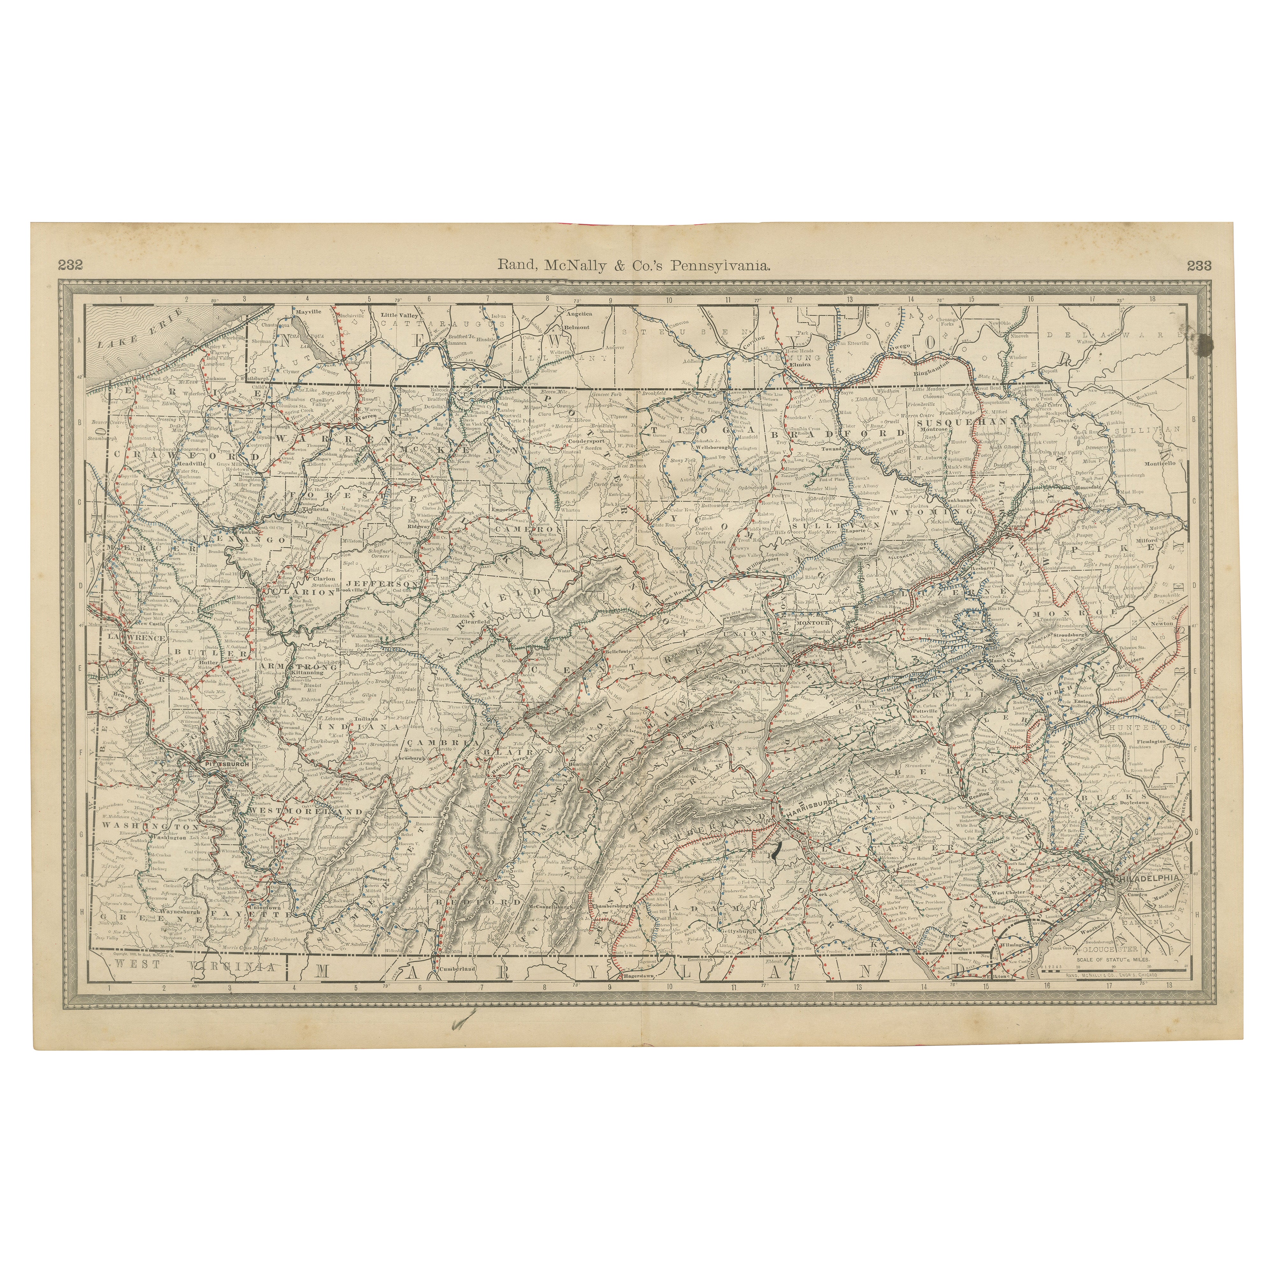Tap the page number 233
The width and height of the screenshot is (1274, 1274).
tap(1199, 266)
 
